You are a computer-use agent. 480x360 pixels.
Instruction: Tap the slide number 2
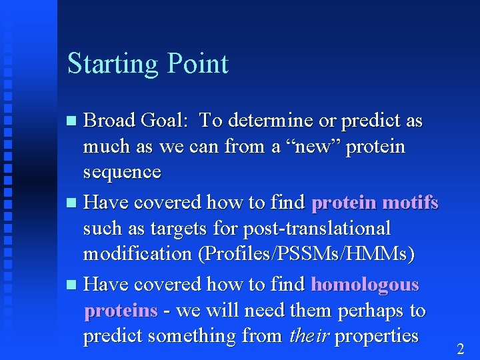pos(460,349)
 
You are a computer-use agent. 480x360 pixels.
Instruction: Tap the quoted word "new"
pos(311,146)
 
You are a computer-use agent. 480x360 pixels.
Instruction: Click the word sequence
pos(122,172)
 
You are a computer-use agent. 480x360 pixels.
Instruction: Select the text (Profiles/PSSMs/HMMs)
pos(312,254)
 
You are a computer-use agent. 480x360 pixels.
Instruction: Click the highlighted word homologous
pos(365,285)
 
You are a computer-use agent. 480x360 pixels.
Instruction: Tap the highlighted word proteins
pos(121,311)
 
